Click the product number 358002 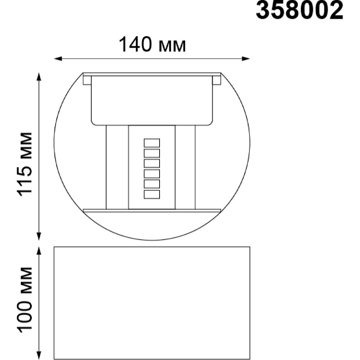point(300,10)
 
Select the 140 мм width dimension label point(152,45)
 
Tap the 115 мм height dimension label point(24,164)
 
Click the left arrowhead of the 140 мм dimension point(58,59)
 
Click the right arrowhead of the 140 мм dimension point(246,59)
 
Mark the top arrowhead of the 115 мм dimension point(39,77)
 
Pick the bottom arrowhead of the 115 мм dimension point(39,236)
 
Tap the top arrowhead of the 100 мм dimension point(39,251)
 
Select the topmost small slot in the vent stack point(152,143)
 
